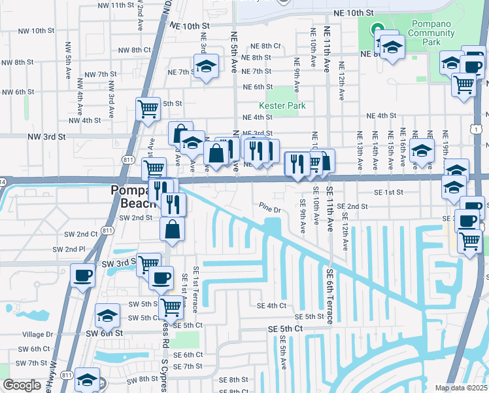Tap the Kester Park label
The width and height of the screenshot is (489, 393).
pyautogui.click(x=282, y=105)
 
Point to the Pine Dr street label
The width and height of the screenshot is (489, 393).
pyautogui.click(x=269, y=210)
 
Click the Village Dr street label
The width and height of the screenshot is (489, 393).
pyautogui.click(x=37, y=334)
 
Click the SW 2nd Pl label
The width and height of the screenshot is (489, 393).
pyautogui.click(x=69, y=250)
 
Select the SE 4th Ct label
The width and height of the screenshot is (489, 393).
pyautogui.click(x=271, y=305)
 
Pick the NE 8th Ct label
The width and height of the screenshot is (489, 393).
pyautogui.click(x=266, y=46)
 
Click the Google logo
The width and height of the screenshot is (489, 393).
pyautogui.click(x=22, y=385)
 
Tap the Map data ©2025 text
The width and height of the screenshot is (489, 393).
pyautogui.click(x=461, y=388)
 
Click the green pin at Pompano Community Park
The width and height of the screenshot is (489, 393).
pyautogui.click(x=377, y=29)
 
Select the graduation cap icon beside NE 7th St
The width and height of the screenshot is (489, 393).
pyautogui.click(x=206, y=65)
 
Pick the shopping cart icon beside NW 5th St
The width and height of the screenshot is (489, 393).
pyautogui.click(x=148, y=108)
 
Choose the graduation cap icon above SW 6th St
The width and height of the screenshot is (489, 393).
pyautogui.click(x=108, y=315)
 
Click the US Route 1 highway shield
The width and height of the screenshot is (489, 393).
pyautogui.click(x=479, y=130)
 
